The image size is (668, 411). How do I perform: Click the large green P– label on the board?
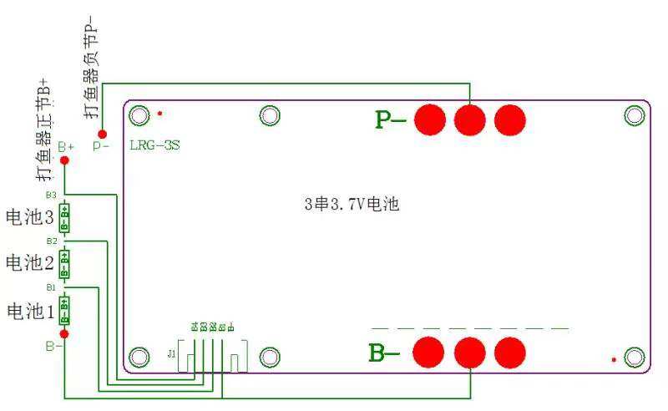click(391, 120)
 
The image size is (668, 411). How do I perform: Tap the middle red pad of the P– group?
click(470, 120)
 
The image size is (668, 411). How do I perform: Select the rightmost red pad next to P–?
click(509, 120)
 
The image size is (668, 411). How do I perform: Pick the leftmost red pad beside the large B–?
click(430, 353)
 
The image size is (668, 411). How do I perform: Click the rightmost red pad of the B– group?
click(509, 353)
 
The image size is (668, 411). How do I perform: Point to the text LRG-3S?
click(154, 145)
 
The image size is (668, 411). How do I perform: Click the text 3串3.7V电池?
click(351, 204)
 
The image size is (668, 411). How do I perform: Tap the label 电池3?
click(30, 218)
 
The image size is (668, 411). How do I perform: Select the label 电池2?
click(30, 263)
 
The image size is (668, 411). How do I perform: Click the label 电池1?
click(30, 311)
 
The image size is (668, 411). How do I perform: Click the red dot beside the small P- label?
click(102, 134)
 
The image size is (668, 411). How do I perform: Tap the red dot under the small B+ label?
click(65, 160)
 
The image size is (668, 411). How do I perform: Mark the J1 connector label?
click(172, 354)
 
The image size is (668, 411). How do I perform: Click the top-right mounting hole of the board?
click(635, 116)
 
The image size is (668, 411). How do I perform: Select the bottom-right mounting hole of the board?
click(635, 358)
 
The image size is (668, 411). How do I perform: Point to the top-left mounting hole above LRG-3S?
click(140, 115)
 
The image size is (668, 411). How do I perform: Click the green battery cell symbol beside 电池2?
click(65, 264)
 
